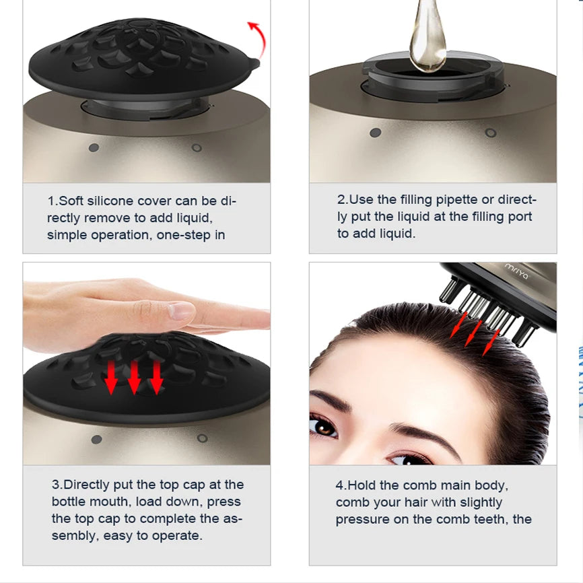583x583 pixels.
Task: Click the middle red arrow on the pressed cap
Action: click(x=134, y=376)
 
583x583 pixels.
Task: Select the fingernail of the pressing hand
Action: click(x=181, y=310)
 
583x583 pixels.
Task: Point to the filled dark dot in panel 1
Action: click(x=94, y=147)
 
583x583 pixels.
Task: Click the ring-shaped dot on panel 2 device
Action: click(x=491, y=133)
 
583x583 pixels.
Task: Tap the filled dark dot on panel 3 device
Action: click(x=97, y=440)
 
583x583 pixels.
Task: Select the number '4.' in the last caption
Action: click(x=341, y=485)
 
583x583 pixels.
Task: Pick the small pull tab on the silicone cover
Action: click(x=255, y=63)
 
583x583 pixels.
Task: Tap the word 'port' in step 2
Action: click(x=520, y=217)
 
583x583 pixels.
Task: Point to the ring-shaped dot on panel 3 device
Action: click(x=202, y=438)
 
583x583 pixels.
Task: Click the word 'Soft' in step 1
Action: click(x=71, y=201)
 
